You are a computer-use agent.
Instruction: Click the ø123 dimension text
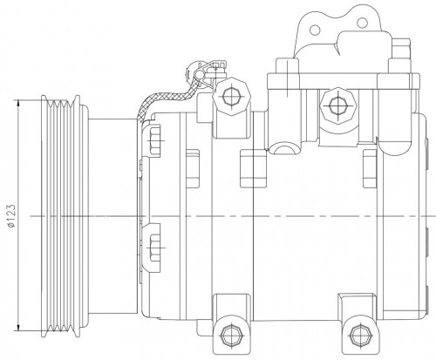tap(12, 216)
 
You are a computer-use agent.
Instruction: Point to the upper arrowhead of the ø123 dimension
tap(18, 103)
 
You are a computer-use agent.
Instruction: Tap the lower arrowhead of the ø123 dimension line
tap(18, 327)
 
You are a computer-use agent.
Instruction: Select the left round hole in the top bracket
tap(315, 30)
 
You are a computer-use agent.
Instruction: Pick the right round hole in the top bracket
tap(362, 23)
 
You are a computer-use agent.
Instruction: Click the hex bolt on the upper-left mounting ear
tap(231, 96)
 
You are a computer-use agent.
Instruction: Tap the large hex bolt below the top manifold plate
tap(338, 105)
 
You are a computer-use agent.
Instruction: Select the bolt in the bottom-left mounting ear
tap(231, 334)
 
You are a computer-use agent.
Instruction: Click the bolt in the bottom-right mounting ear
tap(361, 334)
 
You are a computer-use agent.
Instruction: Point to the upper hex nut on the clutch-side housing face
tap(154, 140)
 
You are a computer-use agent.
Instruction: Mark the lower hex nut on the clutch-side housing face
tap(154, 248)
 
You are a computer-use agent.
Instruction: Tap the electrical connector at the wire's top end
tap(215, 69)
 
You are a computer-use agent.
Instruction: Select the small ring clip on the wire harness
tap(199, 75)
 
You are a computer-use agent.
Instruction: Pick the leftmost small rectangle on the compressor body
tap(193, 168)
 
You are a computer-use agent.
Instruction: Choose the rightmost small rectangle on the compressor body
tap(370, 168)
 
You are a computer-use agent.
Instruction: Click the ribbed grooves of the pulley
tap(60, 216)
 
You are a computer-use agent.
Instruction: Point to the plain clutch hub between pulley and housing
tap(112, 216)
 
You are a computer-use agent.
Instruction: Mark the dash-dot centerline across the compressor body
tap(233, 216)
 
